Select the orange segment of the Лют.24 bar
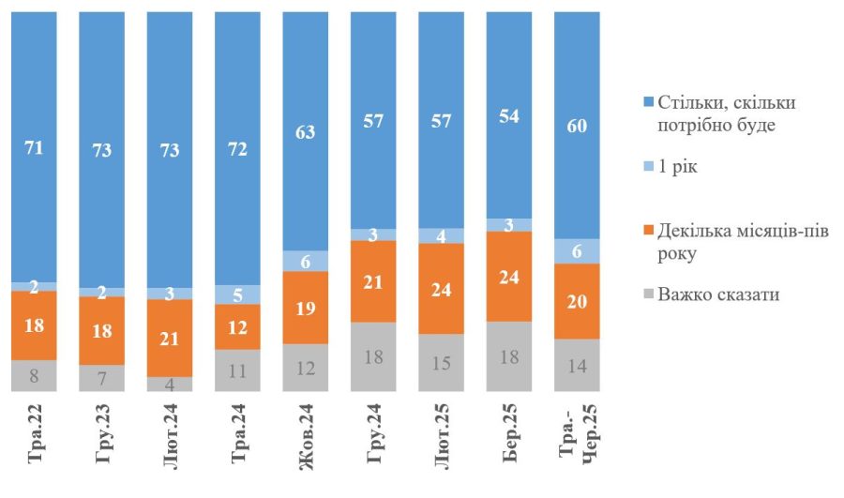click(170, 338)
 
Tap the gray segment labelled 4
click(170, 384)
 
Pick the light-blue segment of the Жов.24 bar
click(306, 261)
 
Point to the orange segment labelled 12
click(238, 326)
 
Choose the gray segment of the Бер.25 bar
click(509, 355)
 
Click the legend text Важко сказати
click(717, 294)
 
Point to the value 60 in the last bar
click(577, 128)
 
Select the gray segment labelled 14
click(577, 364)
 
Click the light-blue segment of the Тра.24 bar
click(238, 294)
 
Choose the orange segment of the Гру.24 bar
click(373, 281)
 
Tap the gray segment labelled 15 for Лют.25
click(442, 362)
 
